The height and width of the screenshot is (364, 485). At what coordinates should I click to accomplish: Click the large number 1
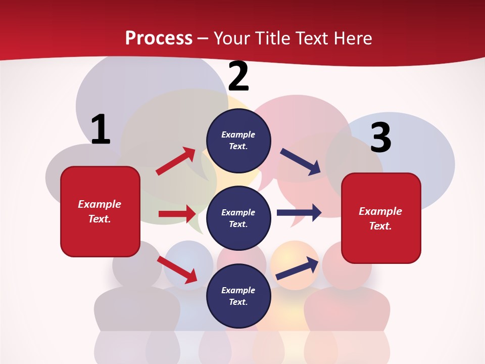click(100, 129)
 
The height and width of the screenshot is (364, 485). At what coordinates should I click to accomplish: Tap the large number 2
click(238, 76)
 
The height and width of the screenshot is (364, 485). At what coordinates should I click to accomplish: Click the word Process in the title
click(159, 38)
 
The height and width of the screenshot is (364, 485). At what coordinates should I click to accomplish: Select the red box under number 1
click(100, 211)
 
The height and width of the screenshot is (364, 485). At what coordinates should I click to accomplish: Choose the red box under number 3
click(381, 218)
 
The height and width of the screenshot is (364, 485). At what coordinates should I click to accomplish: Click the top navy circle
click(238, 141)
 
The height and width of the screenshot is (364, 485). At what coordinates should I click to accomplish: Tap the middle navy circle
click(238, 218)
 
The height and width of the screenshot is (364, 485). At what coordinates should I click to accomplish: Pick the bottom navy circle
click(238, 296)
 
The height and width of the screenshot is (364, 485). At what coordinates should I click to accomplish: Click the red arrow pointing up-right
click(176, 161)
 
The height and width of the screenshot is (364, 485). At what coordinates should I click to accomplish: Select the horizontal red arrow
click(177, 214)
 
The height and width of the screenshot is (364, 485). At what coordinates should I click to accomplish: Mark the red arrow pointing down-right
click(177, 269)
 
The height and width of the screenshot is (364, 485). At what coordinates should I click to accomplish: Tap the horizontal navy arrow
click(299, 212)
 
